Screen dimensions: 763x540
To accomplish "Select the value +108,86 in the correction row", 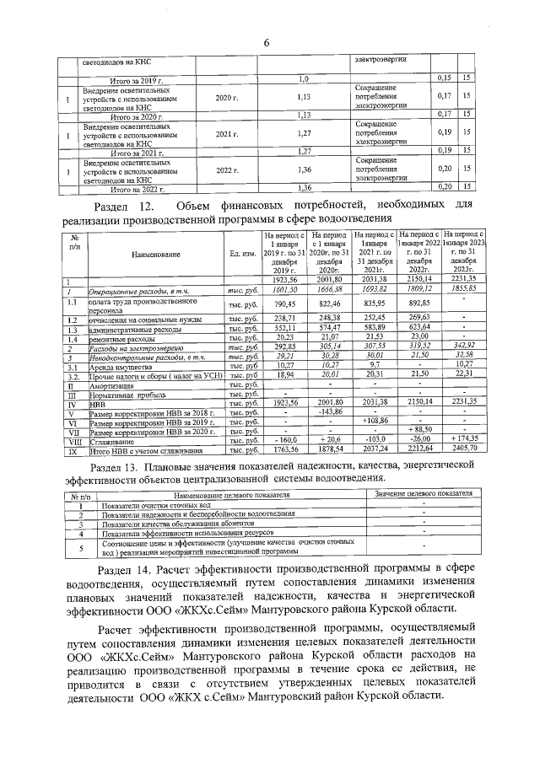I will click(374, 420).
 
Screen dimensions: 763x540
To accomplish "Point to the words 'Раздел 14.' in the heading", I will click(126, 571).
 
